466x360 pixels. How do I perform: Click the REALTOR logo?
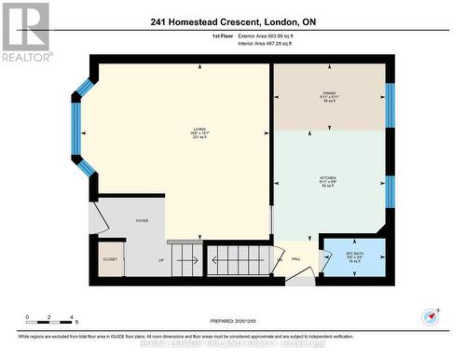(x=25, y=32)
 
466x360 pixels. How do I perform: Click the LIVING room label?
(x=199, y=131)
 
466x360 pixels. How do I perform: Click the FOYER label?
(x=143, y=221)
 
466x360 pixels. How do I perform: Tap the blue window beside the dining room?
(x=390, y=104)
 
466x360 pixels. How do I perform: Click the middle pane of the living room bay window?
(x=76, y=128)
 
